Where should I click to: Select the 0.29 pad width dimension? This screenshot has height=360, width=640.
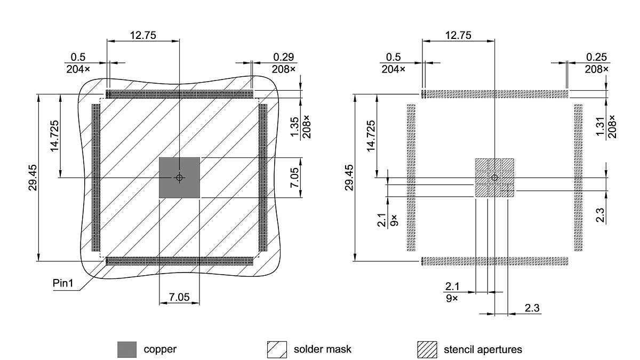click(284, 57)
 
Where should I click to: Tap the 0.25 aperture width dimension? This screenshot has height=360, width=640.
click(596, 57)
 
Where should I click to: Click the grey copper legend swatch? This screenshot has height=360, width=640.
click(127, 350)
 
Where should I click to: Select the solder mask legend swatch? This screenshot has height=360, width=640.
click(277, 350)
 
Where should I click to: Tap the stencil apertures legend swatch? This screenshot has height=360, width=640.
click(427, 350)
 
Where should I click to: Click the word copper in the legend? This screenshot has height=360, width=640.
click(160, 350)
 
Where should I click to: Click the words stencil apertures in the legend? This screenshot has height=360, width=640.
click(483, 350)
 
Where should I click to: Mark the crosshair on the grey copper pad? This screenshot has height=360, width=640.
click(180, 178)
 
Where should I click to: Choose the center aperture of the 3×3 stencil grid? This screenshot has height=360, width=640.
click(494, 178)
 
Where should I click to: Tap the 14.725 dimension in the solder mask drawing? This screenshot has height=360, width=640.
click(55, 136)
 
